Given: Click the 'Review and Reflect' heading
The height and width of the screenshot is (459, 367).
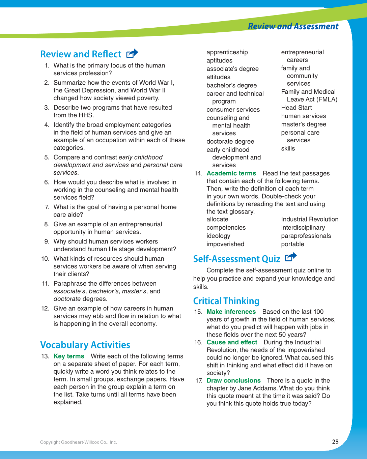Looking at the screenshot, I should pos(81,54).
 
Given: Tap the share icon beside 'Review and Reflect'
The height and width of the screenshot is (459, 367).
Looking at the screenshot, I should pos(132,54).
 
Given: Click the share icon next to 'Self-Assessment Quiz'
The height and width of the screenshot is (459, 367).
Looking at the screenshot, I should pos(290,258).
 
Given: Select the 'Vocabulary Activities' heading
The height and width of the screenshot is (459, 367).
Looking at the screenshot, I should pos(85,345).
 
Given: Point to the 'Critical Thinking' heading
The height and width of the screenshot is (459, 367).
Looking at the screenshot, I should pos(226,301).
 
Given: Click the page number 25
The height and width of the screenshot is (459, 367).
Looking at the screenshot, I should pos(335,442).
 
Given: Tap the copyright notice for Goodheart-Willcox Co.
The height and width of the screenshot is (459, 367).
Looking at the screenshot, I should pos(79,442).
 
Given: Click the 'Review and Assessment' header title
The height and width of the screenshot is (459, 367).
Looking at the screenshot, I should pos(293,27).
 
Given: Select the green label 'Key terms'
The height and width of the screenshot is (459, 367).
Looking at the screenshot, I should pos(69,356).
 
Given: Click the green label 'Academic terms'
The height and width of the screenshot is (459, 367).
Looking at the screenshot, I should pos(231,173).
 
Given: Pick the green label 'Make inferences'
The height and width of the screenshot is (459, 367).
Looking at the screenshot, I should pos(231,312).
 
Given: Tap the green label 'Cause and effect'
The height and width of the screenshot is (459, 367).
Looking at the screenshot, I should pos(232,342).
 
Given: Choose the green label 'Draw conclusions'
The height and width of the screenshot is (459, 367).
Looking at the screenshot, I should pos(233,380).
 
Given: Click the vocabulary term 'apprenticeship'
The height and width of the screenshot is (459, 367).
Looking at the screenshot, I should pos(227,52).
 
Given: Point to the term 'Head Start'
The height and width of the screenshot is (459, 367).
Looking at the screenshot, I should pos(296,108).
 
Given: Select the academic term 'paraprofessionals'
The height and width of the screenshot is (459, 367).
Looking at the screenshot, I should pos(306,236).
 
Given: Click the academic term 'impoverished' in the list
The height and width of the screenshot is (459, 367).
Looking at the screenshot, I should pos(225,244).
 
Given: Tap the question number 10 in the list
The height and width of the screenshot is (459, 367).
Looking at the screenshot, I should pos(46,259).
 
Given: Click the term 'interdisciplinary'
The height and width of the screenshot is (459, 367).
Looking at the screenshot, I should pos(303,228).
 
